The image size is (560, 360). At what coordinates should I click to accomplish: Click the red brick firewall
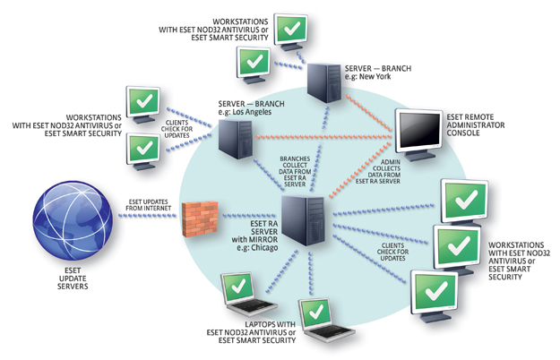(200, 219)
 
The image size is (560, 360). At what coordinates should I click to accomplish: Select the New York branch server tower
(324, 82)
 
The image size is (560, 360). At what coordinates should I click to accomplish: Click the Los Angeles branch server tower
(236, 139)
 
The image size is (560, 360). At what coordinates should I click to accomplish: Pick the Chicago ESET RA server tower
(303, 220)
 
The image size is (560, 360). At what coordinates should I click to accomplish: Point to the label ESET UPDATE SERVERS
(73, 279)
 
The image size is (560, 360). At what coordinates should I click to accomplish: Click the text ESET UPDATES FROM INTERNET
(148, 205)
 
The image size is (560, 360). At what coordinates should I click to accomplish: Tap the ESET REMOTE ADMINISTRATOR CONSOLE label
(476, 124)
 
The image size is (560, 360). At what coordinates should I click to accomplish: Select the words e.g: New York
(368, 77)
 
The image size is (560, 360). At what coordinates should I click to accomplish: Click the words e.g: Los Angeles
(245, 112)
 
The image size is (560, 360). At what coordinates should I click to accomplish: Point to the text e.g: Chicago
(257, 247)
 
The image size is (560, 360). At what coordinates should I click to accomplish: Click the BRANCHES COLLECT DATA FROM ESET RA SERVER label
(295, 171)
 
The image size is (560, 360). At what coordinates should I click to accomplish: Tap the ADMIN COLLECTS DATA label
(378, 171)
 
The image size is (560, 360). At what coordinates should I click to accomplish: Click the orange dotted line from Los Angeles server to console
(323, 137)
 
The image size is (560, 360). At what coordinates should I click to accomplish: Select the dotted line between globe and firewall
(147, 216)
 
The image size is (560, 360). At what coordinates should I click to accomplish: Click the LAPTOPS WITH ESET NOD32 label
(251, 332)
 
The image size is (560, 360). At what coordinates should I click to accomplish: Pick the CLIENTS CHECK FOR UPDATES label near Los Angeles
(177, 129)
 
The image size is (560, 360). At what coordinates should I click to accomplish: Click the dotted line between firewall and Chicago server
(249, 216)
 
